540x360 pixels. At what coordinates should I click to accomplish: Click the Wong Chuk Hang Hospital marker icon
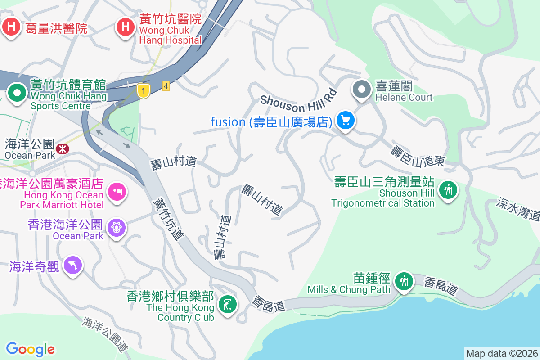pos(126,27)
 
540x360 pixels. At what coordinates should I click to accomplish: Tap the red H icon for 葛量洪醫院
pos(11,27)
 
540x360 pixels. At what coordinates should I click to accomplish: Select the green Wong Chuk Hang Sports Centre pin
pos(18,94)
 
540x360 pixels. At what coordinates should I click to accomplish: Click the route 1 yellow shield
pos(143,91)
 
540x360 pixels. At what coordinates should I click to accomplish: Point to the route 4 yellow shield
pos(166,85)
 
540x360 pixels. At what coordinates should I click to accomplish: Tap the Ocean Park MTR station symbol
pos(62,148)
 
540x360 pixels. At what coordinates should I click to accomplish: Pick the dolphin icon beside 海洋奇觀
pos(73,265)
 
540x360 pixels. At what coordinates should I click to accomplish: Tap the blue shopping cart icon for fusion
pos(346,121)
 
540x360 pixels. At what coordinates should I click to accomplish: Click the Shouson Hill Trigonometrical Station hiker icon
pos(448,190)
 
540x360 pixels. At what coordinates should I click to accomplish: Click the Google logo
pos(30,349)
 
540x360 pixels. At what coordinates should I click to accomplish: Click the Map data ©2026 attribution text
pos(501,354)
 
